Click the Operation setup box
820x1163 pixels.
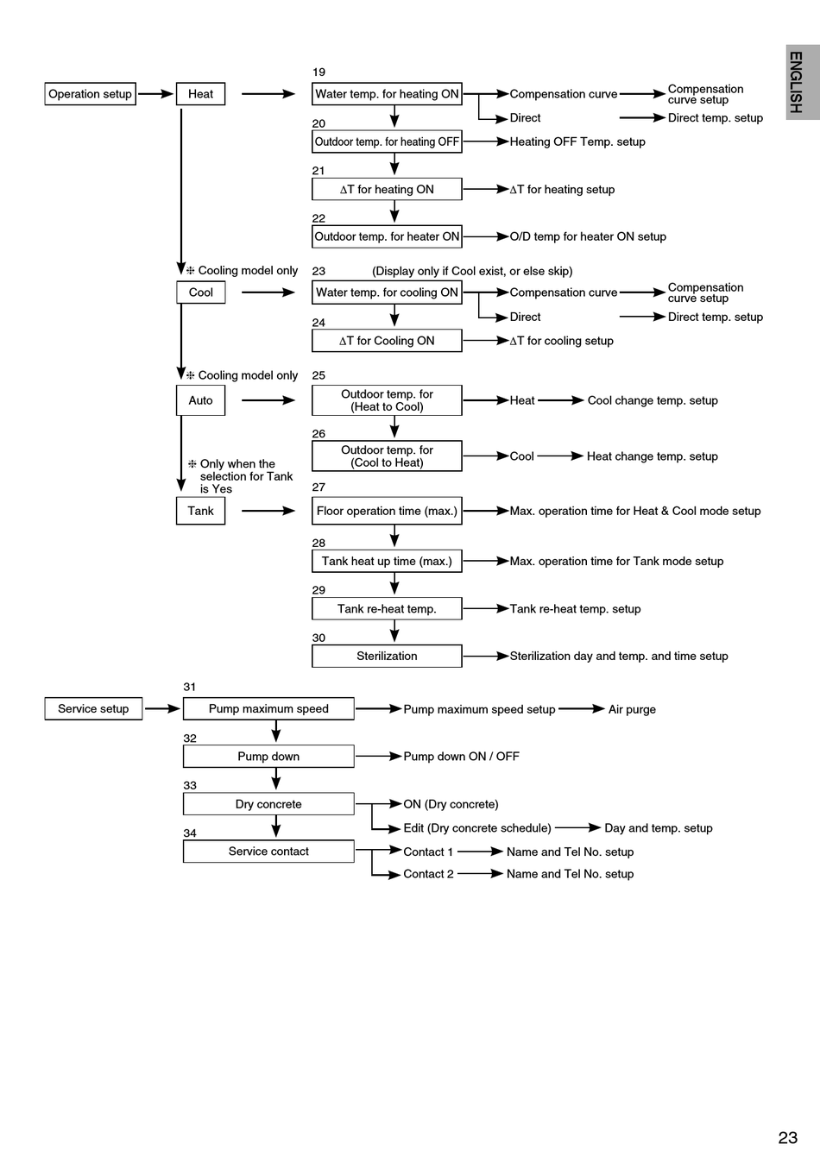click(x=90, y=94)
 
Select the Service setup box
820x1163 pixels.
click(x=93, y=709)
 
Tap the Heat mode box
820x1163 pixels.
click(x=200, y=94)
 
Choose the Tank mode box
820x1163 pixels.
click(x=200, y=511)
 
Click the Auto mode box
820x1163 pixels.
click(x=200, y=400)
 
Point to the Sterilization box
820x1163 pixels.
click(x=387, y=657)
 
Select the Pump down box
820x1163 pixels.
click(x=268, y=757)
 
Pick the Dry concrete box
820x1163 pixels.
click(x=268, y=804)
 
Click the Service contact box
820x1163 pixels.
click(x=268, y=852)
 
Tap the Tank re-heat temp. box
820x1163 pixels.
click(x=387, y=609)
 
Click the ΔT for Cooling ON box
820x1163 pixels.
click(x=387, y=341)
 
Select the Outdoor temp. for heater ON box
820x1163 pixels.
click(x=387, y=236)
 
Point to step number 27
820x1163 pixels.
click(x=319, y=487)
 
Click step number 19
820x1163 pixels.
click(x=319, y=72)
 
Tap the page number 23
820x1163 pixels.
click(x=787, y=1138)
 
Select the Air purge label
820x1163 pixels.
click(x=632, y=709)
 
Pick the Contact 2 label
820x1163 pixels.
click(x=428, y=874)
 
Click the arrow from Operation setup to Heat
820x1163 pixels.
click(x=156, y=94)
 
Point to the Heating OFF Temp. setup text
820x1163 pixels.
click(x=577, y=141)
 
